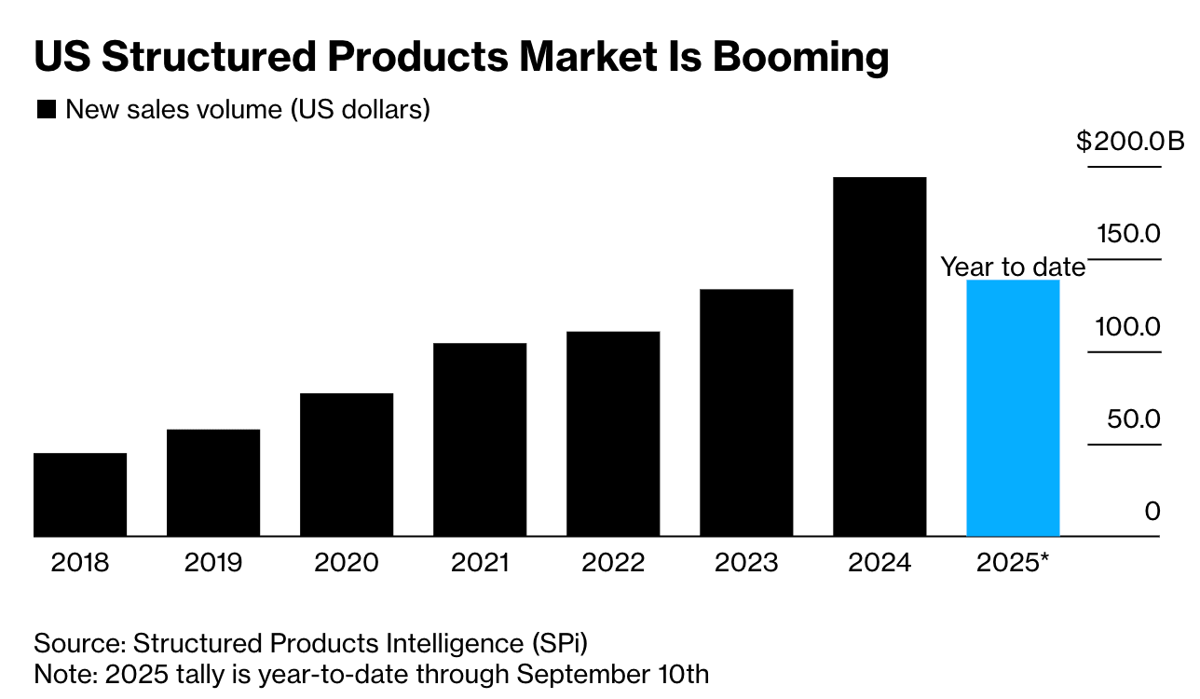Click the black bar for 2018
tap(80, 495)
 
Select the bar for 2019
tap(213, 483)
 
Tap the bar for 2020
tap(347, 465)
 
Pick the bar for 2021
tap(480, 440)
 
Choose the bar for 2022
tap(613, 434)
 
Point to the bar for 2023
tap(746, 413)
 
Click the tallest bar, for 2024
tap(880, 357)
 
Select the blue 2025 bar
tap(1013, 408)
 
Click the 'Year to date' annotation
tap(1013, 267)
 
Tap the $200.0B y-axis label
tap(1129, 142)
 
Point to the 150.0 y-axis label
tap(1128, 233)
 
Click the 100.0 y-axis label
tap(1128, 326)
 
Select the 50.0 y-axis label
tap(1134, 418)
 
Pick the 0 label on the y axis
tap(1152, 511)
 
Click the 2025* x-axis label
tap(1013, 563)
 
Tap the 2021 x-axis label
tap(480, 563)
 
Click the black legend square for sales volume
tap(46, 110)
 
